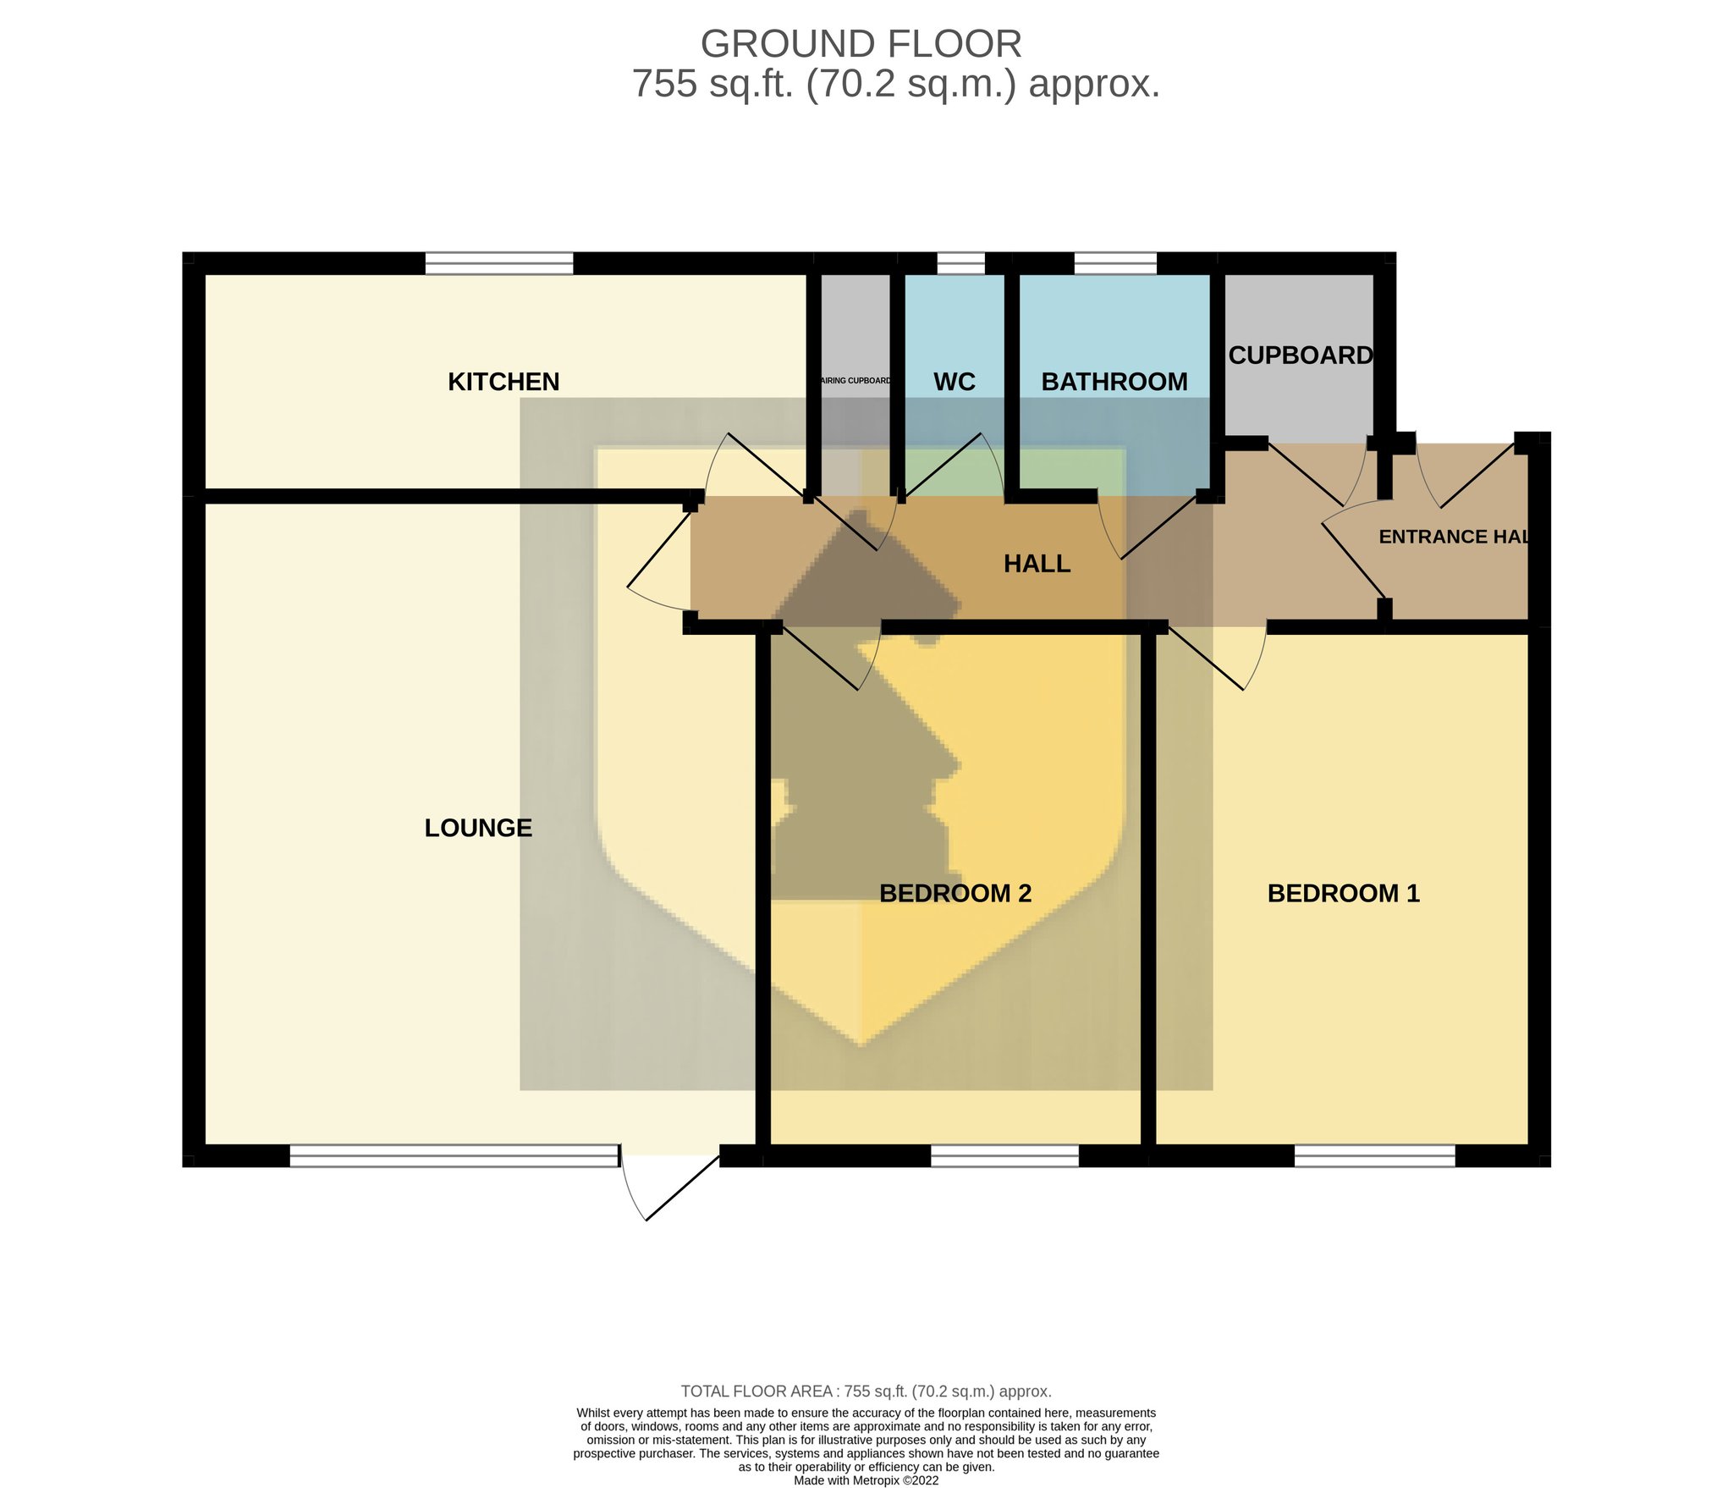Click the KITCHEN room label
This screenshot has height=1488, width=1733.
tap(503, 382)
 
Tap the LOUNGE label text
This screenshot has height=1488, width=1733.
tap(478, 828)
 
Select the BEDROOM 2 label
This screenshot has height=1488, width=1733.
tap(955, 893)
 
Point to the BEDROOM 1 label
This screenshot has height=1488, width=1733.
tap(1343, 893)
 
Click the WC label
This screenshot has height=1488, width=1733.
tap(955, 382)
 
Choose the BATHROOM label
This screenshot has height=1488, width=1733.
tap(1114, 382)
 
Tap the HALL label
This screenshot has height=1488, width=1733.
tap(1037, 564)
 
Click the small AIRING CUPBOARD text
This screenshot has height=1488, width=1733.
tap(855, 381)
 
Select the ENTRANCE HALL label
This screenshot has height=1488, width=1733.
tap(1454, 537)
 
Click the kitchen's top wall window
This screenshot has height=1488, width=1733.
tap(498, 263)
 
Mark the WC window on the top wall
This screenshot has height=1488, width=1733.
tap(961, 263)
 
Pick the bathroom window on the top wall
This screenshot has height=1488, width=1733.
tap(1115, 263)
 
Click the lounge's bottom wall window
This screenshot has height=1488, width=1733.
tap(454, 1156)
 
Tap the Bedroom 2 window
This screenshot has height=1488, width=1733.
tap(1004, 1156)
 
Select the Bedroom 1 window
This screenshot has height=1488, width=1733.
tap(1374, 1156)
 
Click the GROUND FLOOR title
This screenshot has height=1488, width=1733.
tap(861, 44)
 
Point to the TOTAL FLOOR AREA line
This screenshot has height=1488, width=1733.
tap(866, 1392)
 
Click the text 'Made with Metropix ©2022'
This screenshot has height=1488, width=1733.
tap(866, 1480)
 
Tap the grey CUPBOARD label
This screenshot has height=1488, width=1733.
tap(1301, 355)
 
